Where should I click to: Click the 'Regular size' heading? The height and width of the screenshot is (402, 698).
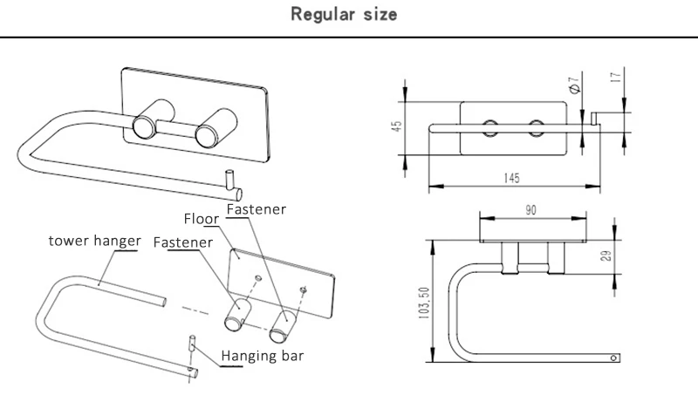click(344, 14)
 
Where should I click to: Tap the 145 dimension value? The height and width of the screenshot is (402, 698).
click(511, 178)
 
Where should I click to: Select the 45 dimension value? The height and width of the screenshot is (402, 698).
click(397, 126)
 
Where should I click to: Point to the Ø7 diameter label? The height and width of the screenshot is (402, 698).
click(575, 85)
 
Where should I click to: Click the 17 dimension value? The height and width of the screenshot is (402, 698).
click(616, 77)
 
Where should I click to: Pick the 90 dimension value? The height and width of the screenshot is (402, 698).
click(530, 210)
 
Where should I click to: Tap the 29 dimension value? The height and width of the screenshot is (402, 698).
click(606, 256)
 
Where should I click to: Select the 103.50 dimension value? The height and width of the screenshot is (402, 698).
click(424, 303)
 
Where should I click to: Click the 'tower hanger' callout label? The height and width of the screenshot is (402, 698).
click(95, 241)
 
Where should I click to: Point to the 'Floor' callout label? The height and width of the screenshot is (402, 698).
click(202, 219)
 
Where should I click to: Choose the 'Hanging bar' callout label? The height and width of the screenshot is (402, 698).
click(263, 356)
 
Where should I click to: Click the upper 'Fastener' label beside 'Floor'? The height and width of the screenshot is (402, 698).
click(257, 209)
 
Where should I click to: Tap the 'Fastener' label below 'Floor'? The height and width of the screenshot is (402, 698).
click(183, 242)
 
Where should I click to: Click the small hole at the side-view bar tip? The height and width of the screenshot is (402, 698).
click(613, 358)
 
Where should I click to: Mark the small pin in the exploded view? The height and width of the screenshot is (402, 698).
click(192, 344)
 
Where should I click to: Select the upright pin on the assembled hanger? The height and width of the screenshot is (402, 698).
click(229, 180)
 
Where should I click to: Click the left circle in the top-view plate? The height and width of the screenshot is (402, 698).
click(490, 128)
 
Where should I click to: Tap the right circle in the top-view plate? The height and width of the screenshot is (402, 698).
click(537, 128)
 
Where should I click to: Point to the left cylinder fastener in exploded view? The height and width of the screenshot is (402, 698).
click(236, 315)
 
